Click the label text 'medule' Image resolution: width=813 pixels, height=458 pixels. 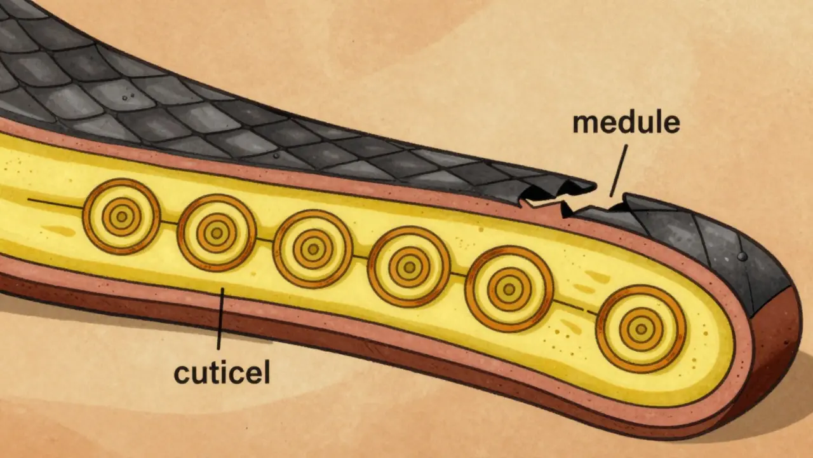(626, 124)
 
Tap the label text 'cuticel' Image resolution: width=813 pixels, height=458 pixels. (222, 373)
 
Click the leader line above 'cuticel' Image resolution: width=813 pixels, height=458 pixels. (220, 319)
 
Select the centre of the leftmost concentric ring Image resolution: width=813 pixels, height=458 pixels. (121, 217)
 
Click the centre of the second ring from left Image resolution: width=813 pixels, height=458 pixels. (217, 233)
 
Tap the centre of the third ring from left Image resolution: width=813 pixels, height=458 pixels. (313, 249)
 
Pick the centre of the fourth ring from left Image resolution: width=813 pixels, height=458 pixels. (410, 267)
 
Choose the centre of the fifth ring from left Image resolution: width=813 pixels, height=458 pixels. (509, 289)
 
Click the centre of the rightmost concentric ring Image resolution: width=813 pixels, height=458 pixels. (642, 329)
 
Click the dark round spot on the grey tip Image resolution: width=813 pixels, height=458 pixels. (742, 256)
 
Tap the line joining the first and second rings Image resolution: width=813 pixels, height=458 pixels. (169, 222)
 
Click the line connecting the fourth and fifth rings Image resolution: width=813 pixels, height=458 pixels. (458, 273)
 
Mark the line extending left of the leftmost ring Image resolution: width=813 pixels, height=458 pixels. (55, 204)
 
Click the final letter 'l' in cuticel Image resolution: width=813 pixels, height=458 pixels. (267, 372)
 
